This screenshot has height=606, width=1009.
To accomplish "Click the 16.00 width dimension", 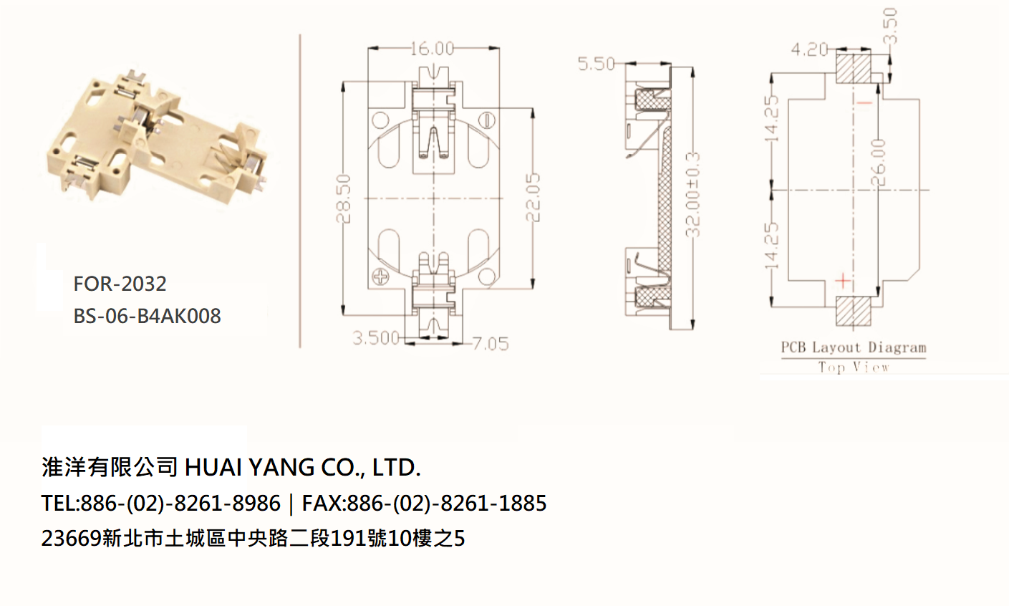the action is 432,49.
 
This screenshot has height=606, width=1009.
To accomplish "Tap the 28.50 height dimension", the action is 344,198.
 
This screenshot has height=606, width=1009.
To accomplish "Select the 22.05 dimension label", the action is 533,198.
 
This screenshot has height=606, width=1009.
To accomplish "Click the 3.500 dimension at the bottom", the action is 376,338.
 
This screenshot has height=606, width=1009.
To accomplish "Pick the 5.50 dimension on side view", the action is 597,64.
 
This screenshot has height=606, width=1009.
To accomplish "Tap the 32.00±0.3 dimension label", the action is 692,195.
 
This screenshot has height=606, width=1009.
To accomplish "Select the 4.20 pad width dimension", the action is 810,49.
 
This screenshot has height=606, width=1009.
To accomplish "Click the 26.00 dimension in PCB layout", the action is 879,162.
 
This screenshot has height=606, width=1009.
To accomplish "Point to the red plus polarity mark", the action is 843,281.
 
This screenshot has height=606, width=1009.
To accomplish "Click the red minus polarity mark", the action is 864,104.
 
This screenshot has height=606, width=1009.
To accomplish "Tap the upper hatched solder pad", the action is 853,67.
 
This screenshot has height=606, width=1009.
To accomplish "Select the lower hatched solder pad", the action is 853,311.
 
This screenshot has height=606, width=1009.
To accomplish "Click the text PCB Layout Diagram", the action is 854,347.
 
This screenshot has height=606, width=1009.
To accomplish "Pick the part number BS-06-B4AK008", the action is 148,317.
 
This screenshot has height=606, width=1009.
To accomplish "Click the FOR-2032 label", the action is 120,284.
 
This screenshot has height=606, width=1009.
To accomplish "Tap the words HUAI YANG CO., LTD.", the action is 303,467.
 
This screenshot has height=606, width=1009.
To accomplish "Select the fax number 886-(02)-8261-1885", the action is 447,504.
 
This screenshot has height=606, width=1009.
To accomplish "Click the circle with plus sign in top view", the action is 381,276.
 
